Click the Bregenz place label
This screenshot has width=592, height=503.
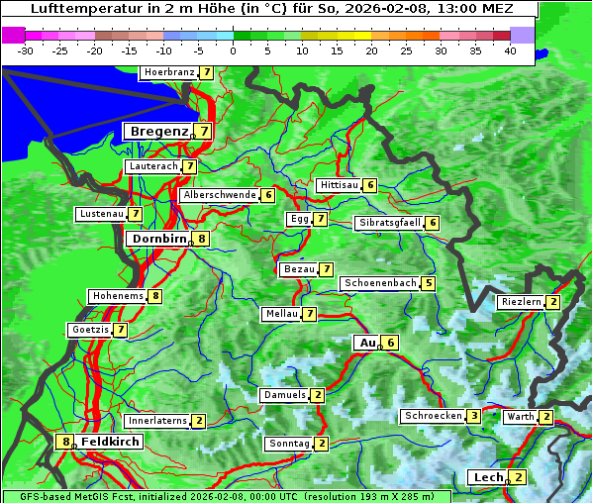(157, 131)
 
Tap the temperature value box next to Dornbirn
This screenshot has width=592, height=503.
(202, 239)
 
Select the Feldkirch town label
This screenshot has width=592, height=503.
(110, 442)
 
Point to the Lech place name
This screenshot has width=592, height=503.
(488, 477)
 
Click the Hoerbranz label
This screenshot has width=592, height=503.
(167, 72)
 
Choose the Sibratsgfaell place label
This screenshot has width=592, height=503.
(389, 223)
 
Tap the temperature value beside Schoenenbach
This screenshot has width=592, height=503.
(428, 283)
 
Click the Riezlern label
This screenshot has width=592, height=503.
(521, 302)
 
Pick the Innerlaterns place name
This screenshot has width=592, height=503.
(157, 421)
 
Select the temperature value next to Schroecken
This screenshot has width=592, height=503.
(474, 416)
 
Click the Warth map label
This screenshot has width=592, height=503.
(520, 417)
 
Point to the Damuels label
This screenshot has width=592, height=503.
(284, 395)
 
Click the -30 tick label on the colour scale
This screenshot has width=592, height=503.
(26, 50)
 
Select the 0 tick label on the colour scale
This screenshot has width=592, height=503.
(233, 50)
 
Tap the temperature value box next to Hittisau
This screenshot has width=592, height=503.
(370, 185)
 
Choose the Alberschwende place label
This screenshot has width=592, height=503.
(220, 195)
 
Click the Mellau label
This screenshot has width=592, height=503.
(281, 314)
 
